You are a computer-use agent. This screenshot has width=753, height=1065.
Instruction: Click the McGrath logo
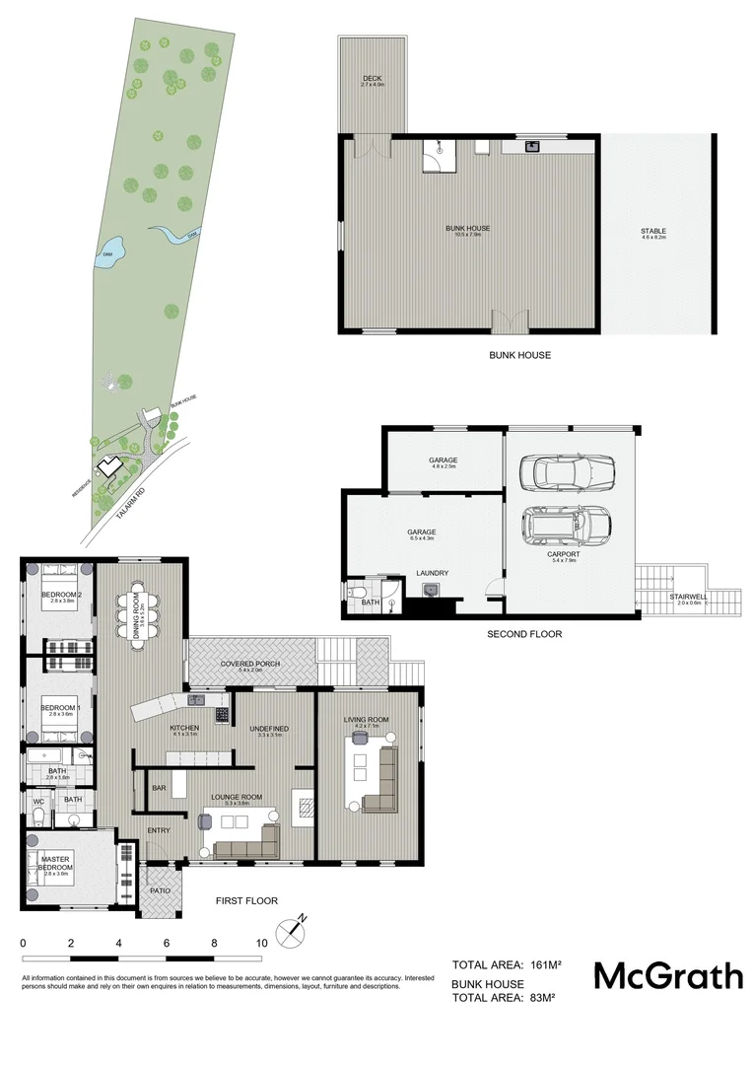click(x=667, y=976)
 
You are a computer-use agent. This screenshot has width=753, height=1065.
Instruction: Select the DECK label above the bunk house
click(x=372, y=79)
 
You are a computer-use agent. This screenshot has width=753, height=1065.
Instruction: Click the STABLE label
click(x=653, y=232)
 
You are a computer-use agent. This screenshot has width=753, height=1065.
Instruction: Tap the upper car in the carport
click(x=571, y=472)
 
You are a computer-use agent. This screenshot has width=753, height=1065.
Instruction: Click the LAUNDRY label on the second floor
click(x=433, y=572)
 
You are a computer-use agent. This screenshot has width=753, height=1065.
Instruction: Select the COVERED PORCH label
click(x=250, y=664)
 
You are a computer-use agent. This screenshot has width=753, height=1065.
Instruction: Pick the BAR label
click(x=158, y=788)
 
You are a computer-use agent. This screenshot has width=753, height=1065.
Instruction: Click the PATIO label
click(x=160, y=890)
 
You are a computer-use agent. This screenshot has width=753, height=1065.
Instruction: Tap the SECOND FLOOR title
click(x=524, y=634)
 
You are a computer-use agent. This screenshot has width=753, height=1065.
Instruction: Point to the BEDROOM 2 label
click(x=60, y=595)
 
